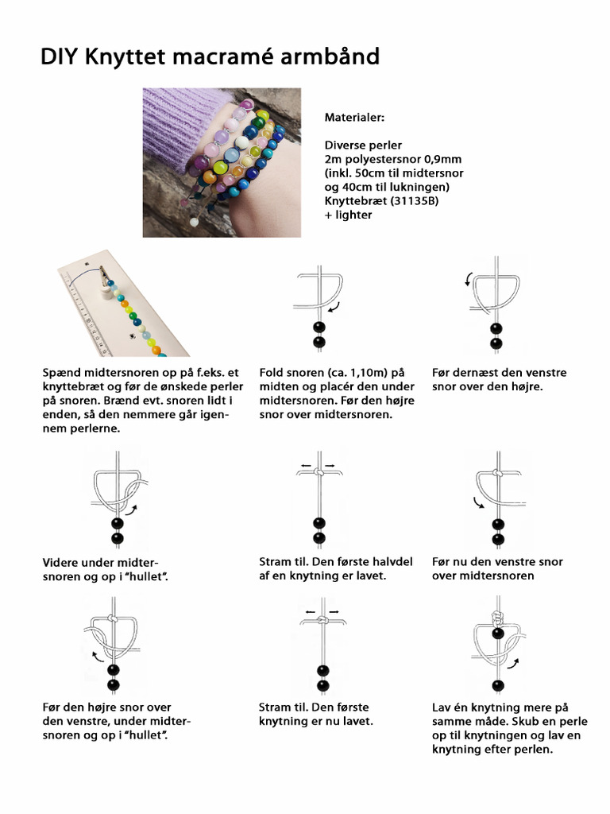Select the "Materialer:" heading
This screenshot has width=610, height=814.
point(354,117)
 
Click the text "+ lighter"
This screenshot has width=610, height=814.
point(348,215)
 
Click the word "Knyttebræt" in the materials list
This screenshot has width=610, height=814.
point(353,201)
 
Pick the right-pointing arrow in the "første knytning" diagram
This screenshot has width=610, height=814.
point(333,611)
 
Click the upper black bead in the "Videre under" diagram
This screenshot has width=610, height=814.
point(118,523)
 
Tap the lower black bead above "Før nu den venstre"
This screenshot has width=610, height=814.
point(498,539)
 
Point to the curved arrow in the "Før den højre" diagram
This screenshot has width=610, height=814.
point(98,657)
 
